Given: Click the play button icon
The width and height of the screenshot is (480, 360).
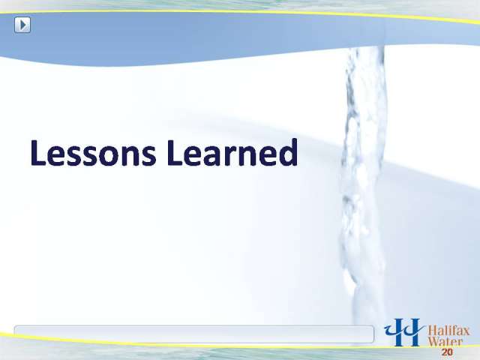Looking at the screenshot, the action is click(22, 25).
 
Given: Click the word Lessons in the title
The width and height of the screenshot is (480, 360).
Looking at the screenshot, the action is click(93, 152).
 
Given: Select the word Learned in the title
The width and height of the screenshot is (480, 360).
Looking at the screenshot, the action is click(232, 151).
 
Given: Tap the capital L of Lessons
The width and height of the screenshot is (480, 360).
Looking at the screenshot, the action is click(38, 152).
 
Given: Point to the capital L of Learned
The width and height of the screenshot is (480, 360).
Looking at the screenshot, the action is click(175, 152).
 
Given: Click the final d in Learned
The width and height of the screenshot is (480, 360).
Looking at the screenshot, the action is click(288, 152).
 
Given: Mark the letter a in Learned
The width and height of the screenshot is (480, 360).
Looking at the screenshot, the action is click(216, 156).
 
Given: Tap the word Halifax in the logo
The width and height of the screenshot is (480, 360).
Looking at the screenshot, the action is click(448, 331).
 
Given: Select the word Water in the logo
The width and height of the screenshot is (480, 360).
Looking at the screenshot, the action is click(445, 342).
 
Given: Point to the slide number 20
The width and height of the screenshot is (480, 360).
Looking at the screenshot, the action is click(447, 352).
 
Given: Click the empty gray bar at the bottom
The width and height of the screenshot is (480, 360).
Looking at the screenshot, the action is click(193, 334).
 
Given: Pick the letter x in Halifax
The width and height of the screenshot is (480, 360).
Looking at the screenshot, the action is click(466, 332).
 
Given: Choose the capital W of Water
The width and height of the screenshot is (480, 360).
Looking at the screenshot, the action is click(433, 342).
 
